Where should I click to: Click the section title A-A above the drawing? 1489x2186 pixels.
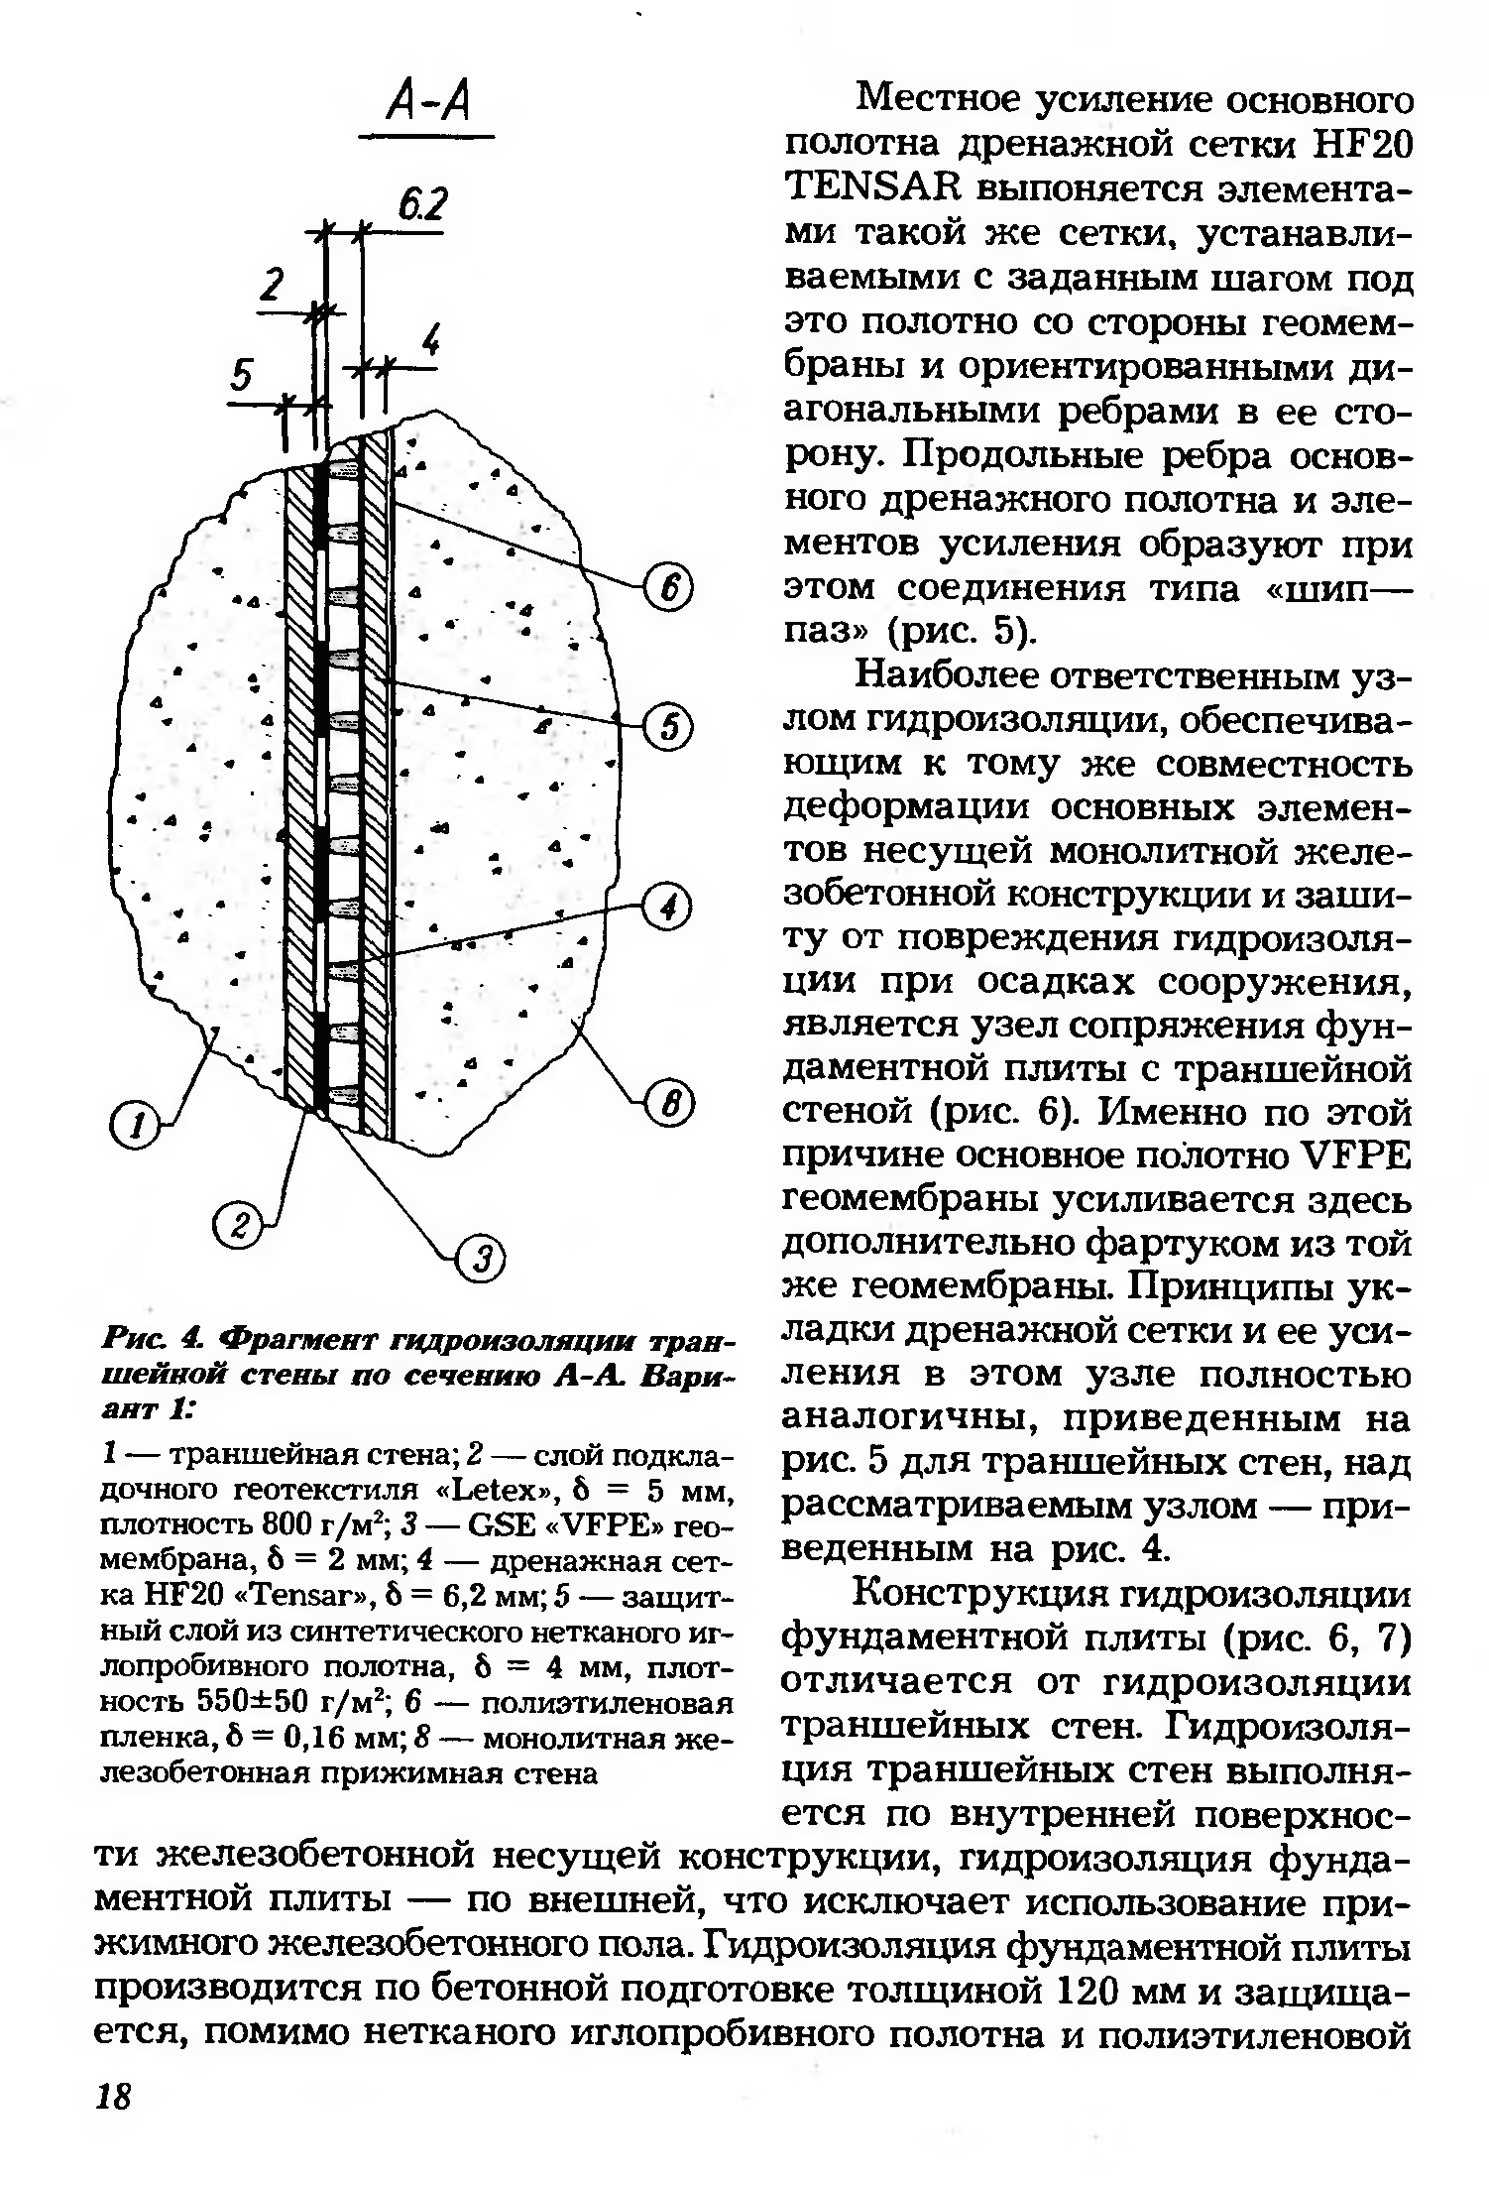[429, 102]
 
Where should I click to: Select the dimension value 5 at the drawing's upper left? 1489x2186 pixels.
[243, 376]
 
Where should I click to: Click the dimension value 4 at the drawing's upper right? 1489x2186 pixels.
[430, 342]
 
